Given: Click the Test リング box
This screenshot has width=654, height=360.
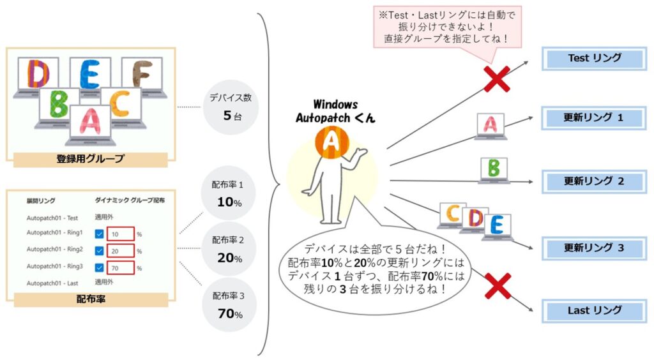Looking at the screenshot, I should tap(594, 59).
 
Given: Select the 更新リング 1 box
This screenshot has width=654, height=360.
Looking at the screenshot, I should tap(594, 119).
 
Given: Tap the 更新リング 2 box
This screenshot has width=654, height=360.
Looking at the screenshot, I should tap(594, 181).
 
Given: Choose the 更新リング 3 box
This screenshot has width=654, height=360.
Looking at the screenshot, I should tap(594, 248).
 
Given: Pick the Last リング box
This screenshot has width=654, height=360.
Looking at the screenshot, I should tap(594, 311).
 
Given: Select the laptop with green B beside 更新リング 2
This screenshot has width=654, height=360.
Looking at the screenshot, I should tap(494, 170).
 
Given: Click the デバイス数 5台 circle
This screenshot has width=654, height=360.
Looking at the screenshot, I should tap(230, 108).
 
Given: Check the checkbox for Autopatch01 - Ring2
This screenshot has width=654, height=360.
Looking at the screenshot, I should tap(99, 250).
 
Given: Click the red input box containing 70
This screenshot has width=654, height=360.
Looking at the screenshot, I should tap(120, 267).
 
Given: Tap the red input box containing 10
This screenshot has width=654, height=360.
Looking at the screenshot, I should tap(120, 234).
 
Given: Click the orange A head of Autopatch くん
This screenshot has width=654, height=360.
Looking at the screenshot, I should tap(331, 142).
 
